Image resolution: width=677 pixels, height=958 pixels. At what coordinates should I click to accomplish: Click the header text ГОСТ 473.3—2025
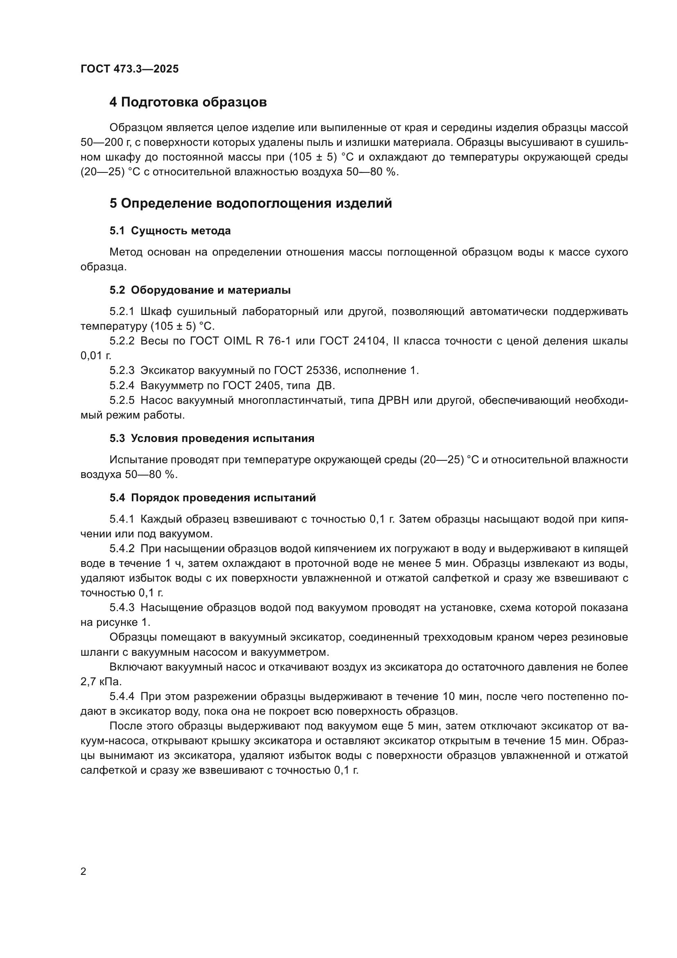(x=129, y=69)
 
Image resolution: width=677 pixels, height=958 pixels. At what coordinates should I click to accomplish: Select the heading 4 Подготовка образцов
(x=188, y=102)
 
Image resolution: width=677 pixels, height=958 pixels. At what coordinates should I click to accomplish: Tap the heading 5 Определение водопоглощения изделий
(x=250, y=204)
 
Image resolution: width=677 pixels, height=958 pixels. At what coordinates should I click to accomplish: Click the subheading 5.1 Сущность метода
(x=170, y=231)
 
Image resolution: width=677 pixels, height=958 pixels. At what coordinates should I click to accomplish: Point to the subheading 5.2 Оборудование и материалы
(x=200, y=290)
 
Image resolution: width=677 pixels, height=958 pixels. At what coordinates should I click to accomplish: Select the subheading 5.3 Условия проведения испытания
(x=212, y=439)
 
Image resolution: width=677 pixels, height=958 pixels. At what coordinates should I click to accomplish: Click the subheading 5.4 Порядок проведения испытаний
(x=212, y=498)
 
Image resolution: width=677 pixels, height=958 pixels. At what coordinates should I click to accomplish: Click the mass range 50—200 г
(x=105, y=142)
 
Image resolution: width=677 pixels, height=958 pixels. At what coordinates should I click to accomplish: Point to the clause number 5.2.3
(x=122, y=371)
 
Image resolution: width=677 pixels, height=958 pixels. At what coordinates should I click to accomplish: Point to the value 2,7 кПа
(x=101, y=682)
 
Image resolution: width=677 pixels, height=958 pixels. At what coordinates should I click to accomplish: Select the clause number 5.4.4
(x=122, y=696)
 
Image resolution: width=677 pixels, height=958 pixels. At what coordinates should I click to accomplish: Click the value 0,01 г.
(x=96, y=356)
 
